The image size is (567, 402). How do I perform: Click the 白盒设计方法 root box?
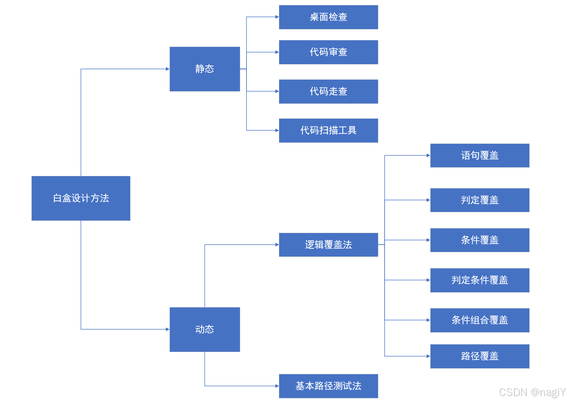coord(81,198)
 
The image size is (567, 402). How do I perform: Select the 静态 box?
coord(205,69)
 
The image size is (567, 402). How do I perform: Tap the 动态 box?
coord(205,329)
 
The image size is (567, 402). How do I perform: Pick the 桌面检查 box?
coord(328,17)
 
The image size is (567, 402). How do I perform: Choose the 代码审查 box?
coord(328,52)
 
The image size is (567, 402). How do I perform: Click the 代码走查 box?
coord(328,92)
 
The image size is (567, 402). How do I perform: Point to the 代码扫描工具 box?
coord(328,131)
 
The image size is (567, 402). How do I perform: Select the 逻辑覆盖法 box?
coord(328,245)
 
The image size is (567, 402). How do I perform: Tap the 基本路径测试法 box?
coord(328,386)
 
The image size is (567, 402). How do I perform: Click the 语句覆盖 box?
coord(480,155)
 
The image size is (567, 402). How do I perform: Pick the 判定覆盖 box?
coord(480,200)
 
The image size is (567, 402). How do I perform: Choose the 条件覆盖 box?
coord(480,240)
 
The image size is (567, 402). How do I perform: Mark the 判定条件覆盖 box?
coord(480,280)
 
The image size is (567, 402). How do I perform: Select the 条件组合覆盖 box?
coord(480,320)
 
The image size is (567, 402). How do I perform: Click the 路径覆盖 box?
coord(480,356)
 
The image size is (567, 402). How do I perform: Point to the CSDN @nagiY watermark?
coord(532,392)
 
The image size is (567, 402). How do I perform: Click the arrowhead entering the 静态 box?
coord(168,69)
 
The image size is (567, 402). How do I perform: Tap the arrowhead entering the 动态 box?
coord(168,329)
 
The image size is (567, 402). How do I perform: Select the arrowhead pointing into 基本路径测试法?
coord(277,386)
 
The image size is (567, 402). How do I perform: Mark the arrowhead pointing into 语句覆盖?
coord(428,155)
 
